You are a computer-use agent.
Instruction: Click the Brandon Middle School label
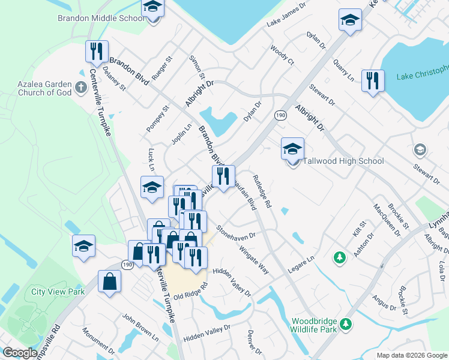click(101, 18)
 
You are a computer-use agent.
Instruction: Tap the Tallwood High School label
click(343, 161)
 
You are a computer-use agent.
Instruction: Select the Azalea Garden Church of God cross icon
click(81, 89)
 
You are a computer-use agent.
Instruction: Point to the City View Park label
click(58, 292)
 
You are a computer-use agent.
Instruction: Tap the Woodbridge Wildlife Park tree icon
click(345, 324)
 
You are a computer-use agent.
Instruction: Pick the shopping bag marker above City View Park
click(110, 281)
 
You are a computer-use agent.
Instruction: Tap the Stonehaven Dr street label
click(237, 231)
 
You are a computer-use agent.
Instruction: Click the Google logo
click(20, 353)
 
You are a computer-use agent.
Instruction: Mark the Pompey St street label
click(158, 119)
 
